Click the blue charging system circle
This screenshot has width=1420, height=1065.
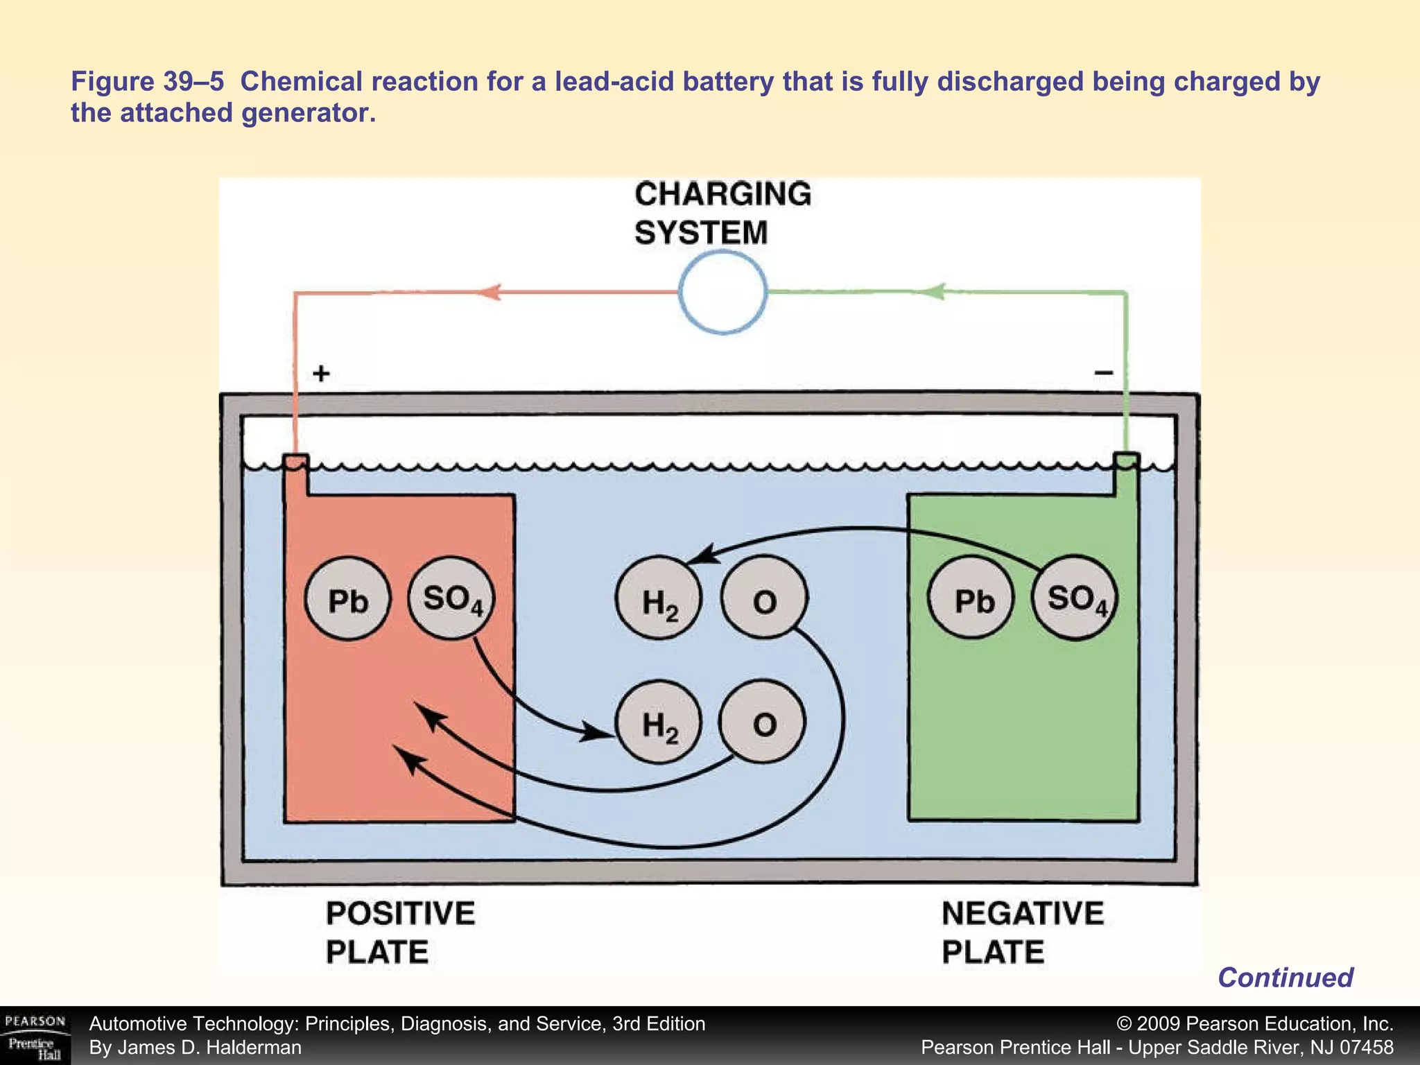click(x=722, y=293)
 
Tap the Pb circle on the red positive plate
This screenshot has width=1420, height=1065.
click(x=347, y=599)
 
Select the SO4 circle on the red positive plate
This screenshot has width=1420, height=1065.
click(x=452, y=598)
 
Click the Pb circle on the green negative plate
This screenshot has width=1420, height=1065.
click(x=972, y=599)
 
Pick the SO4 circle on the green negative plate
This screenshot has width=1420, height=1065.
click(x=1075, y=598)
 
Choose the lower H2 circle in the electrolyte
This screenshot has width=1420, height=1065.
click(x=659, y=722)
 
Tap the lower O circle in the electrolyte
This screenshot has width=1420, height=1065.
click(x=763, y=722)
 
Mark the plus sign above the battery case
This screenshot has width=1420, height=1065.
click(x=321, y=374)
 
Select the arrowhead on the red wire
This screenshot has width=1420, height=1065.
click(x=490, y=292)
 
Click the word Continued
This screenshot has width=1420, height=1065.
click(x=1285, y=978)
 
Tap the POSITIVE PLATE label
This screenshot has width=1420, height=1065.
click(x=400, y=932)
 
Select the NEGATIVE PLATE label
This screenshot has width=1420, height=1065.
click(x=1022, y=932)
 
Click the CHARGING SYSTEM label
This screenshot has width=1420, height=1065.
click(x=721, y=213)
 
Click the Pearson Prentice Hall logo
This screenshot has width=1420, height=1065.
click(x=35, y=1037)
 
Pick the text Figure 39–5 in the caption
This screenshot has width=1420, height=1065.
click(x=148, y=82)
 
